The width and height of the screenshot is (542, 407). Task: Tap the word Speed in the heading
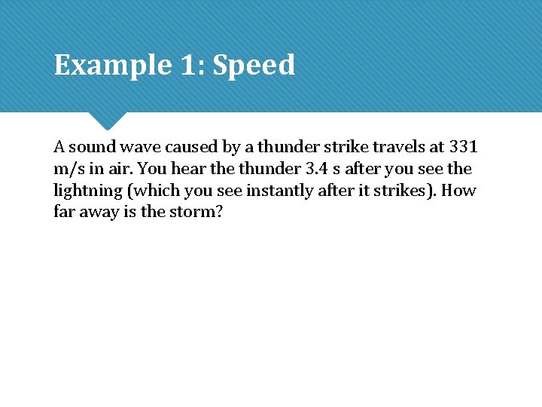pyautogui.click(x=254, y=66)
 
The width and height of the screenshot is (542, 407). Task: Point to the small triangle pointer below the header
pyautogui.click(x=107, y=121)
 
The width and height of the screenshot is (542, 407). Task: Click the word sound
pyautogui.click(x=92, y=147)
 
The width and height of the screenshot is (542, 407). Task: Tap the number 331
pyautogui.click(x=463, y=147)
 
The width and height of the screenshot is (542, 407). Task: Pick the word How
pyautogui.click(x=459, y=191)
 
